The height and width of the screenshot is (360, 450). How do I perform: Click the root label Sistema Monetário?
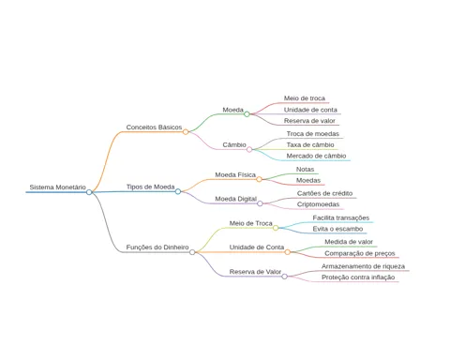(57, 187)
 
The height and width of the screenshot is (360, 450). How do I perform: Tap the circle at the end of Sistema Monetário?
(89, 192)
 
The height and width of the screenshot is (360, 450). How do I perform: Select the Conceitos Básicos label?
(154, 127)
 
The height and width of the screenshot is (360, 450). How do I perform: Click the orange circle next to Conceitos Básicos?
(186, 132)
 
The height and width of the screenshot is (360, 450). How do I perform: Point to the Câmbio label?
(234, 144)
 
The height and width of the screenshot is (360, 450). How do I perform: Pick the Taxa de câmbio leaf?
(310, 145)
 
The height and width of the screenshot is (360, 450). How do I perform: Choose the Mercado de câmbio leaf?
(316, 156)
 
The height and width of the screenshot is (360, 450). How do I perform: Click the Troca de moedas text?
(313, 134)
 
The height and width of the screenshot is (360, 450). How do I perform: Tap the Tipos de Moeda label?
(150, 187)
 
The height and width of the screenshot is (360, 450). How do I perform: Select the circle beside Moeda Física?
(259, 179)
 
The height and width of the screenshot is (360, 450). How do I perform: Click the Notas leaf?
(305, 170)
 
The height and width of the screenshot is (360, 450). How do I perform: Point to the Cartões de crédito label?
(324, 193)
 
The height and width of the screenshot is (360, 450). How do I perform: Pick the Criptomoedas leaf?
(318, 204)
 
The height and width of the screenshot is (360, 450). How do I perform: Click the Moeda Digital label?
(235, 199)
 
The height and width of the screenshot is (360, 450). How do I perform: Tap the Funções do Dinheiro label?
(157, 247)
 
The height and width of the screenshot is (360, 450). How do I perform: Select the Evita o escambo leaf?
(337, 229)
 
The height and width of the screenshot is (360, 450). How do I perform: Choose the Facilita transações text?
(341, 217)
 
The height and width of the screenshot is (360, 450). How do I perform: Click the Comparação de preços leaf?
(360, 253)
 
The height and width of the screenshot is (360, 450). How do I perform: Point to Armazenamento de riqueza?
(363, 266)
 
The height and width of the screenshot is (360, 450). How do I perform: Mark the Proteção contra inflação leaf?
(358, 277)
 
